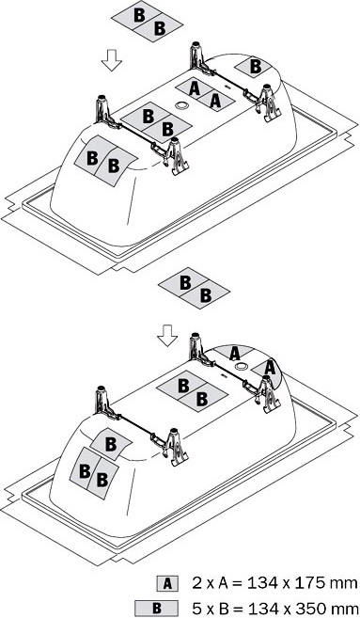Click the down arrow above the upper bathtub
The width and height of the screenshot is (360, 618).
[112, 60]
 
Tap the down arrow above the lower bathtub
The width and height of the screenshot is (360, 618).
[167, 336]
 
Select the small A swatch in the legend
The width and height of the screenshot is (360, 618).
[167, 583]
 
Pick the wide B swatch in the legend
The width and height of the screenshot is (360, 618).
[156, 608]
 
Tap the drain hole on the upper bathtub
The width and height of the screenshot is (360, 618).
[181, 105]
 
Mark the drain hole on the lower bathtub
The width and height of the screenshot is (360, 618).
[240, 366]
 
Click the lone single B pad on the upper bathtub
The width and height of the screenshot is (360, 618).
[254, 66]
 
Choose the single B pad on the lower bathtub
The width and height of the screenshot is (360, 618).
[111, 444]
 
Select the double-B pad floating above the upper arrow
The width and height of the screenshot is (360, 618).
[148, 23]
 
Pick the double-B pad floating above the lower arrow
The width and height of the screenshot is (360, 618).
[194, 288]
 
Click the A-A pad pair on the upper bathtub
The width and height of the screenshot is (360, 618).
[205, 95]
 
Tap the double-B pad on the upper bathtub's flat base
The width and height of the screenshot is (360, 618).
[156, 122]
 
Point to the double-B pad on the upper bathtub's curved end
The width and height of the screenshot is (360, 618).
[104, 161]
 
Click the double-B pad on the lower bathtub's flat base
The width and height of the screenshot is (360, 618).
[192, 391]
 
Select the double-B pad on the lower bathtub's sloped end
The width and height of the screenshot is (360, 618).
[94, 473]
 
